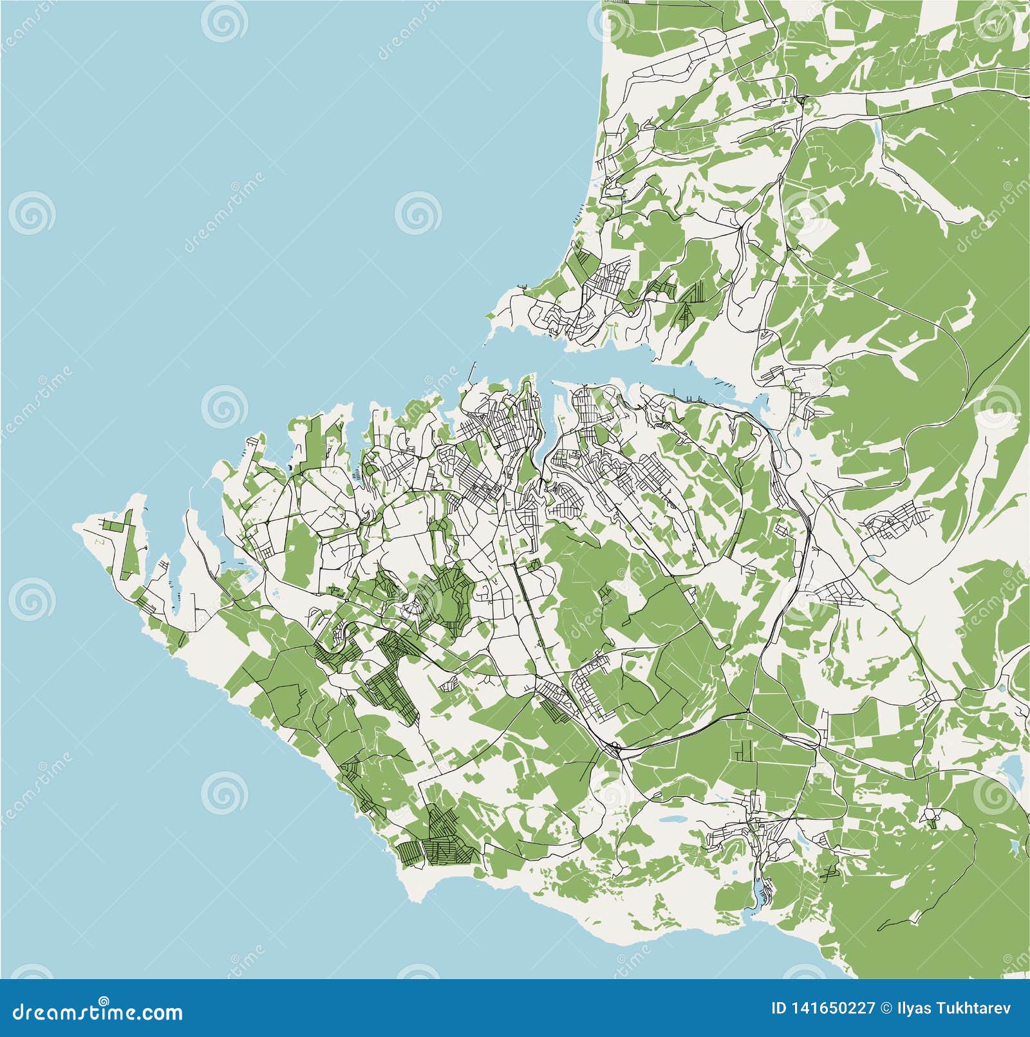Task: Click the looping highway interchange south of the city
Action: point(616,749)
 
